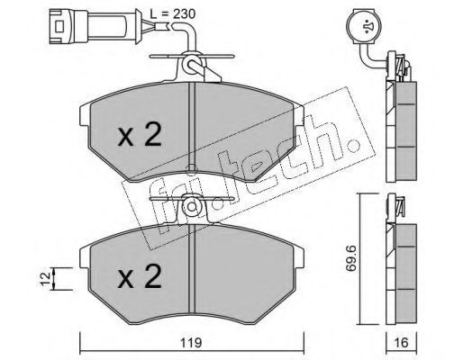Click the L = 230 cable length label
click(x=173, y=13)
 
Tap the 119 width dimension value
click(x=191, y=343)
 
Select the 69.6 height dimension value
click(x=350, y=258)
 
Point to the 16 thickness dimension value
click(x=402, y=343)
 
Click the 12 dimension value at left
click(x=45, y=279)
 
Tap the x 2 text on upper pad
click(x=140, y=135)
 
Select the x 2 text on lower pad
click(x=140, y=276)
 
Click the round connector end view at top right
click(x=363, y=26)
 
